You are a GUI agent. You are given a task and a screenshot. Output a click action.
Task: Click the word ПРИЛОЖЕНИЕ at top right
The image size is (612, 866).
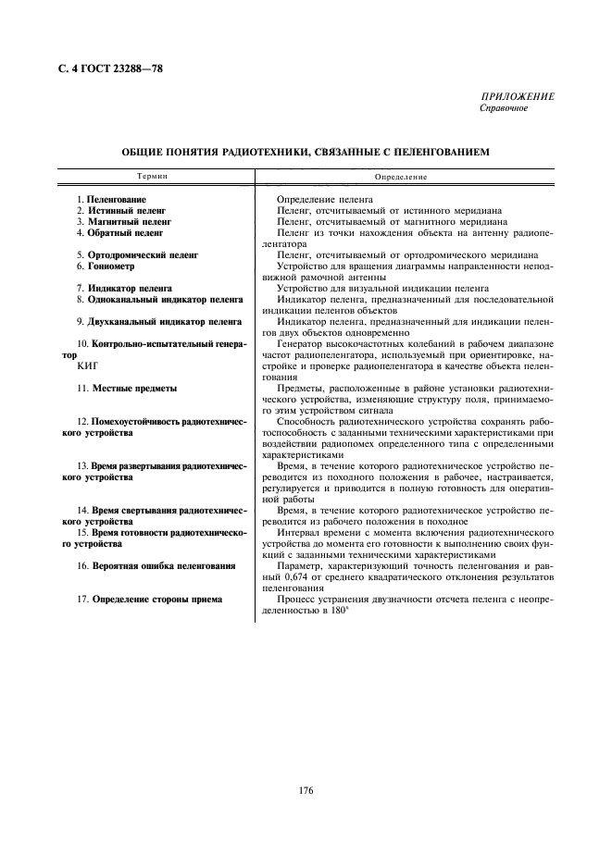(517, 97)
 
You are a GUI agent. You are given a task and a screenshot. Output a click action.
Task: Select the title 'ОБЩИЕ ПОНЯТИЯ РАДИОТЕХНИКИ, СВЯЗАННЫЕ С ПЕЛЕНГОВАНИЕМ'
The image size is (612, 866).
(306, 151)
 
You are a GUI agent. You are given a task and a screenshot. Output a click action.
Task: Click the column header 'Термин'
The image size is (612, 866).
(154, 175)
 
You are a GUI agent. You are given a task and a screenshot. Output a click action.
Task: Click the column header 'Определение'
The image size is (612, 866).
(402, 176)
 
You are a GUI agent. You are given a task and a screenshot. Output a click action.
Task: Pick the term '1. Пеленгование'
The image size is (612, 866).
(111, 199)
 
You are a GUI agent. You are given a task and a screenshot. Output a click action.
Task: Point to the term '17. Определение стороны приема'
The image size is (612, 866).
(149, 599)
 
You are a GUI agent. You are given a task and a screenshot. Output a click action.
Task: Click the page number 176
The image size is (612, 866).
(306, 789)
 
